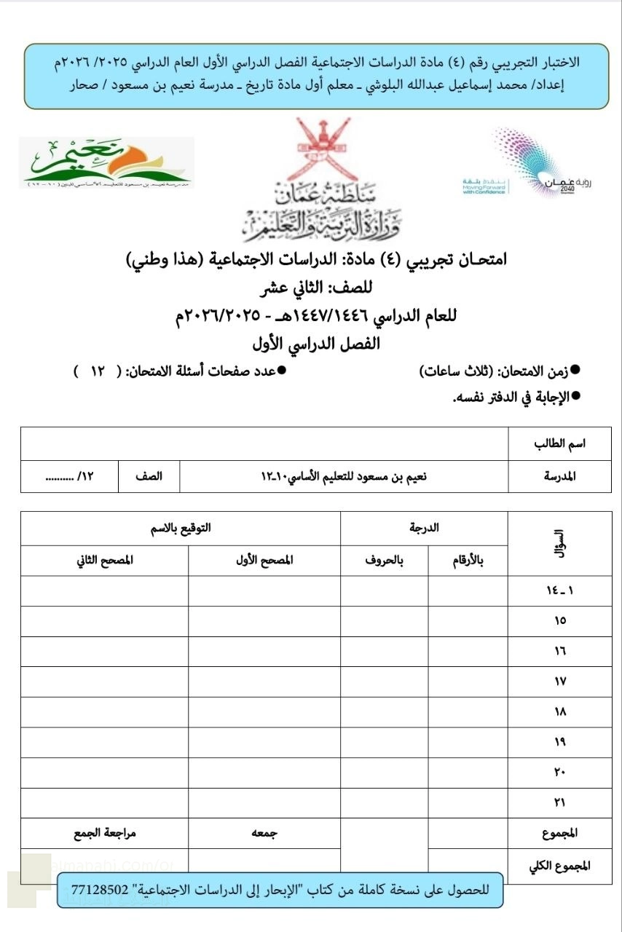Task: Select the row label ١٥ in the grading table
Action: click(559, 621)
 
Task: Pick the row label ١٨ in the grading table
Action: click(559, 712)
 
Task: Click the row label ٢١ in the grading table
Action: click(559, 802)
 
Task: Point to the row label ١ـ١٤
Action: click(559, 591)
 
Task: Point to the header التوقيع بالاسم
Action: click(181, 529)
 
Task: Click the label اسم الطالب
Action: click(560, 443)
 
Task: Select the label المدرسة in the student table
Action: click(560, 476)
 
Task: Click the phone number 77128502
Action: click(101, 890)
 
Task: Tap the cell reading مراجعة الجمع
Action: click(104, 833)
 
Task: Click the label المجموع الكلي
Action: click(559, 865)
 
